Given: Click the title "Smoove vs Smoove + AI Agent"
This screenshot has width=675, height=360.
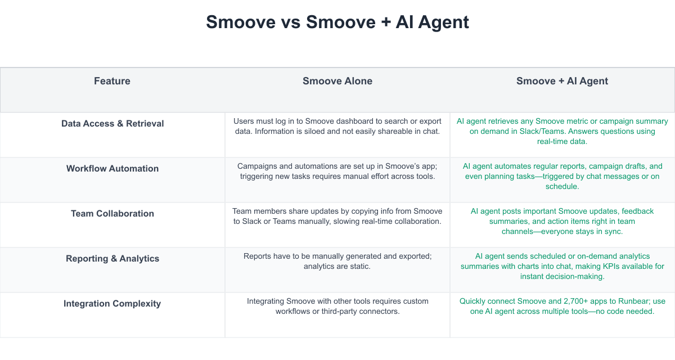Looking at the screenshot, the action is pyautogui.click(x=337, y=22).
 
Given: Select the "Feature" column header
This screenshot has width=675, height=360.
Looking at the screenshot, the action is pyautogui.click(x=112, y=81).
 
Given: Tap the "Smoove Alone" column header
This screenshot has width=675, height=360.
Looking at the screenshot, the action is pyautogui.click(x=337, y=81).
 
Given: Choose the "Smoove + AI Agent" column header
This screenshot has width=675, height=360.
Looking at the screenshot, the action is pyautogui.click(x=562, y=81).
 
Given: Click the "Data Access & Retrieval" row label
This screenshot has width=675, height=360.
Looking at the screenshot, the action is pyautogui.click(x=112, y=124).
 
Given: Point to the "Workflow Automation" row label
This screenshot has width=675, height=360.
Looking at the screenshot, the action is pyautogui.click(x=112, y=168).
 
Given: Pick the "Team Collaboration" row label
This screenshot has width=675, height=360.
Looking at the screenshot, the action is pyautogui.click(x=112, y=213).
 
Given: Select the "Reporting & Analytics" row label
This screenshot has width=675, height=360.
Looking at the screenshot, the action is pyautogui.click(x=112, y=259).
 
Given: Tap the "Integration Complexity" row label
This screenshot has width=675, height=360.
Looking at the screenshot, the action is pyautogui.click(x=112, y=303).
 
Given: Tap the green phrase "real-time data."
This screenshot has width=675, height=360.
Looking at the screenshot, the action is pyautogui.click(x=562, y=142).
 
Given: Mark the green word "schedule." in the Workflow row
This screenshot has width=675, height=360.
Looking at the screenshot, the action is pyautogui.click(x=562, y=187).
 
